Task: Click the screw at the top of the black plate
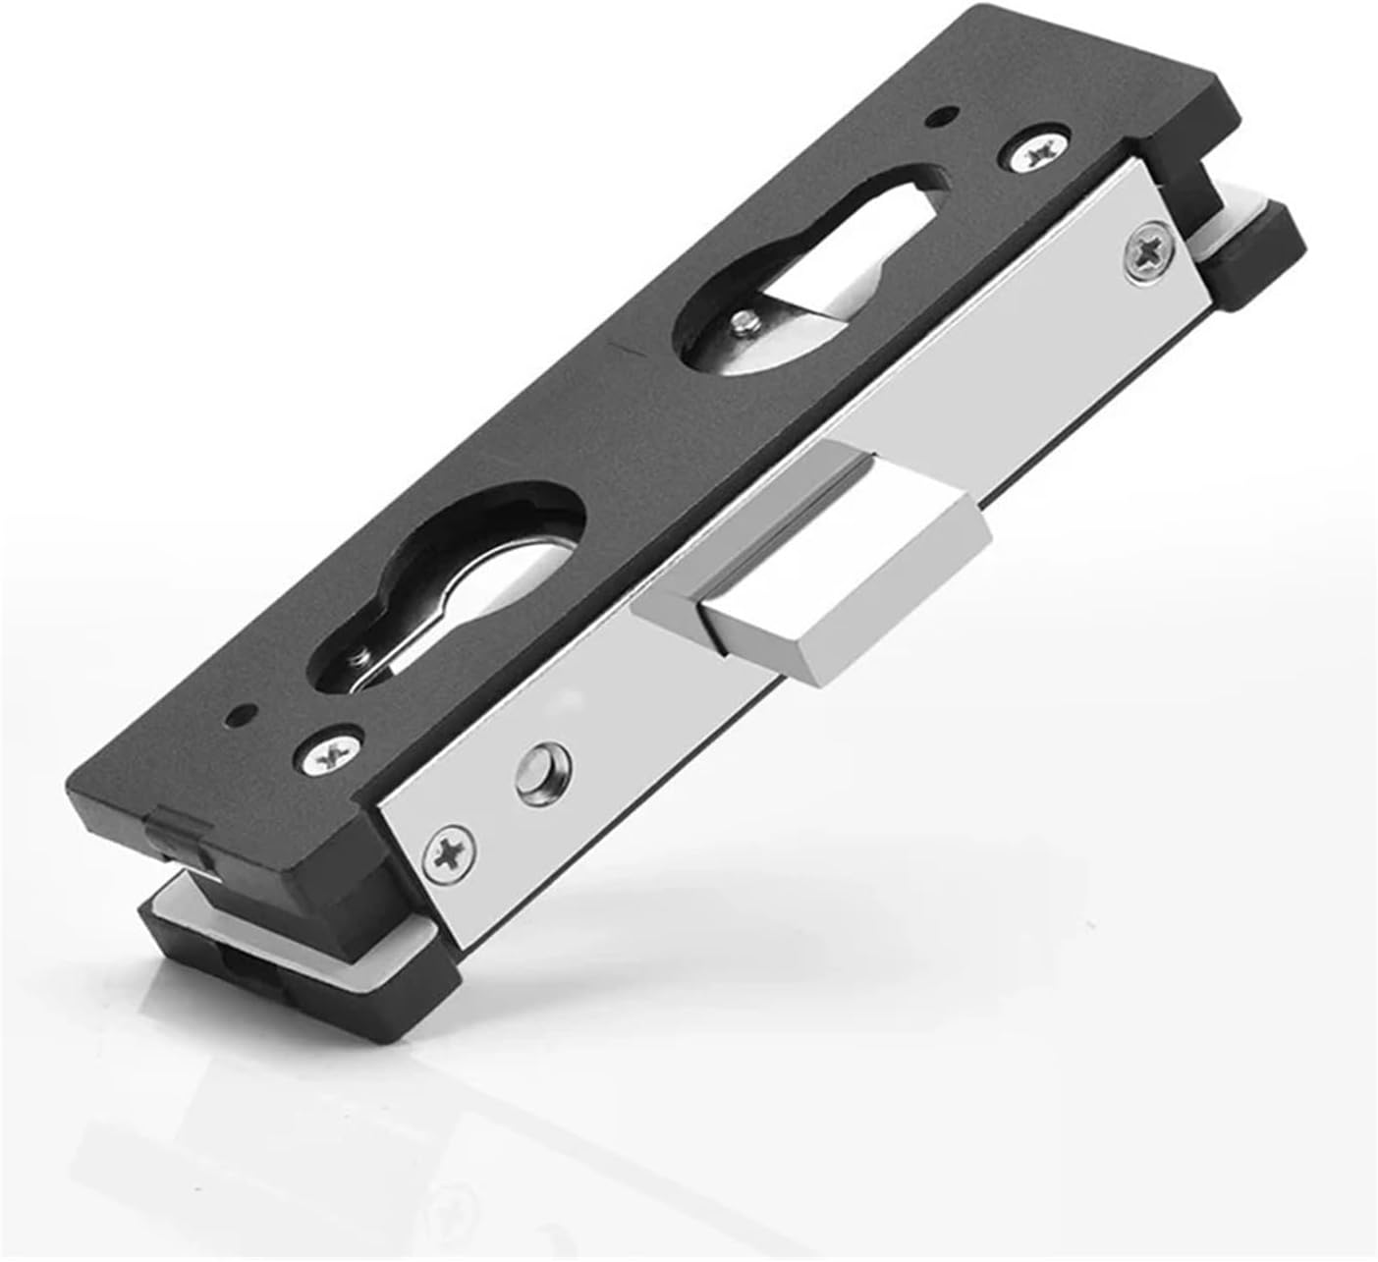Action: click(x=1035, y=150)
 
